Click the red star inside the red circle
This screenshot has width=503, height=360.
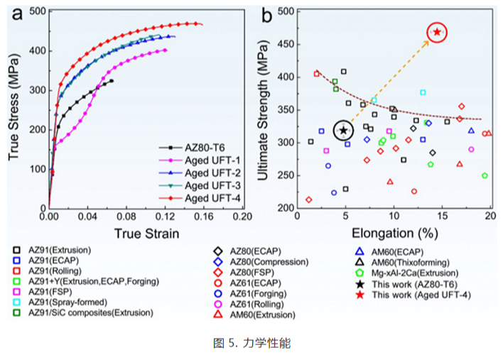coord(438,32)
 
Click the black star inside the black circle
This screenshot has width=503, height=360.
coord(344,130)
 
